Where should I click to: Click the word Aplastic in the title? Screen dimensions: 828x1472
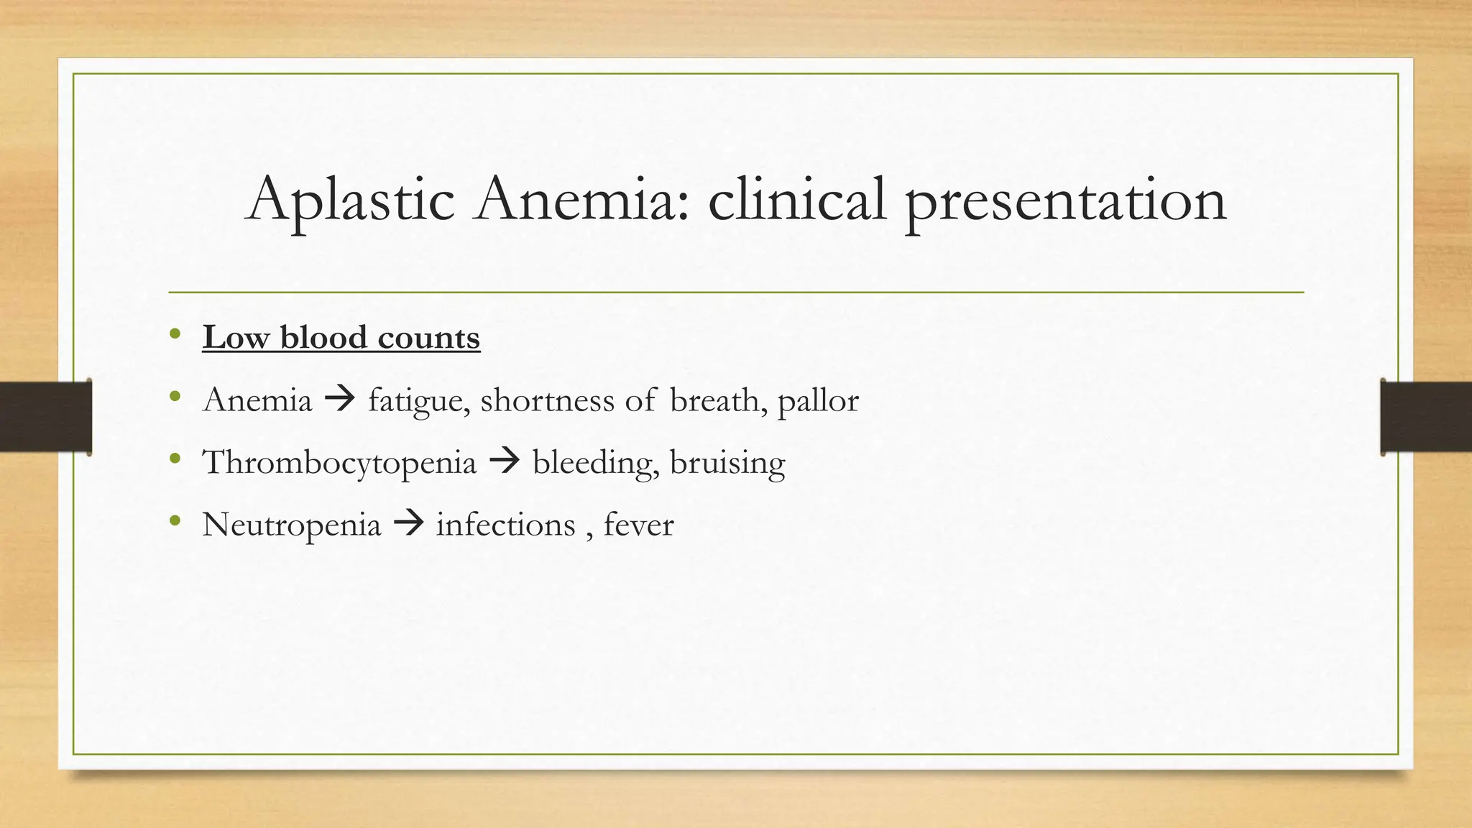(351, 200)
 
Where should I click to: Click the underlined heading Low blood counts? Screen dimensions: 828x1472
(341, 337)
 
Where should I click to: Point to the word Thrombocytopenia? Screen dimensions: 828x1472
(339, 462)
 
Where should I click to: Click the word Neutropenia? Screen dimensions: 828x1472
(291, 525)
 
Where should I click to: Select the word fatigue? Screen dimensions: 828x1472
(419, 400)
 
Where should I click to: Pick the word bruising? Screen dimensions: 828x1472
(727, 462)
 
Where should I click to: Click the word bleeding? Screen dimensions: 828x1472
(596, 462)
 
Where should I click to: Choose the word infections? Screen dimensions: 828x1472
(505, 525)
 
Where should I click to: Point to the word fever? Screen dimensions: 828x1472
(638, 525)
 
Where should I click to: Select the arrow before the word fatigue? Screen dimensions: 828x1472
(340, 399)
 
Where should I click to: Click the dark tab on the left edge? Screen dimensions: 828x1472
(45, 417)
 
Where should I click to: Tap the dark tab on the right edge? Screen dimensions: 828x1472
(1426, 417)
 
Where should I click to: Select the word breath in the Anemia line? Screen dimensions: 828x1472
(714, 400)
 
